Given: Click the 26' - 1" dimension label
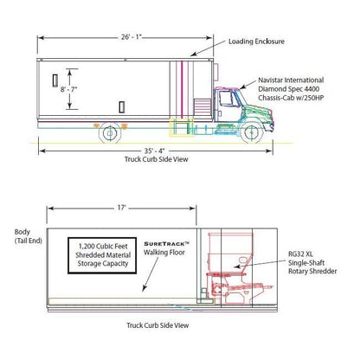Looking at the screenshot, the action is coord(132,37).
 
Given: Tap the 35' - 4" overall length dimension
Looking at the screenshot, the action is coord(154,151).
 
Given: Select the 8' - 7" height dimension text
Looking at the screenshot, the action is coord(69,89).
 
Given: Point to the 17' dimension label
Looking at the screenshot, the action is coord(121,208).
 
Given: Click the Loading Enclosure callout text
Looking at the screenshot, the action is coord(256,42).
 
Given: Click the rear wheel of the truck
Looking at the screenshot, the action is coord(110,133).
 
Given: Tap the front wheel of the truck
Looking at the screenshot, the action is coord(252,132).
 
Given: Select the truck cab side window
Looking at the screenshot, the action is coord(227,99).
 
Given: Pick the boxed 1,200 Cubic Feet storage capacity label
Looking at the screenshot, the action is coord(102,255).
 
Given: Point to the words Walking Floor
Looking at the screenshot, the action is coord(164,253).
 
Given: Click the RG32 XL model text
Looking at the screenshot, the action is coord(300,254).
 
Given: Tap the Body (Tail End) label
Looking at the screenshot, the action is coord(29,236).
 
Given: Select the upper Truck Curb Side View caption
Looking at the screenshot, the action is coord(157,159).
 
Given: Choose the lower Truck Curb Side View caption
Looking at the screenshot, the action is coord(157,325).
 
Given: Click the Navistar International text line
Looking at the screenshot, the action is coord(291,80).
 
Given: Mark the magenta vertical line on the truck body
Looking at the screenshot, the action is coord(182,89).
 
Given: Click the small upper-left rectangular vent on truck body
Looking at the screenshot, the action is coord(55,80).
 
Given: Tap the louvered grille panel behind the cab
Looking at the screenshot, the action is coord(202,107).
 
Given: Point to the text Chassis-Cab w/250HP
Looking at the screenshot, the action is coord(291,98).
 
